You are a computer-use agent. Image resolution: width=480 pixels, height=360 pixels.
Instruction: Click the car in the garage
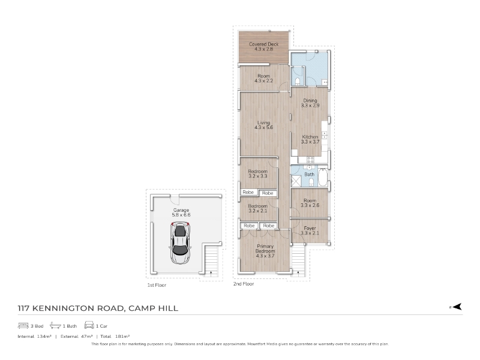180,244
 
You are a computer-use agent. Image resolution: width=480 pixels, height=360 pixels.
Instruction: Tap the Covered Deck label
263,47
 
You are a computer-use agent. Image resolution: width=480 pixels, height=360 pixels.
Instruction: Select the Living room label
263,125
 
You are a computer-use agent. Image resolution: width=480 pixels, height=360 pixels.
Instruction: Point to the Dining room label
310,103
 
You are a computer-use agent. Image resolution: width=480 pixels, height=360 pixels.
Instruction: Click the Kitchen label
310,139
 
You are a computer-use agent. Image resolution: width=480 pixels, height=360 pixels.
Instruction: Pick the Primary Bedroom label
265,251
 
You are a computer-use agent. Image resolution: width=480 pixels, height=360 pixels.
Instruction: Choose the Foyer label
310,230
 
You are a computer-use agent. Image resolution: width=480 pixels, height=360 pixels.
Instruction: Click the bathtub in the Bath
323,177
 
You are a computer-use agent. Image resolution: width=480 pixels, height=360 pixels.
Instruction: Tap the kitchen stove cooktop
310,160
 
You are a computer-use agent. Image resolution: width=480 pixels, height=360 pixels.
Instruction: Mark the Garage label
181,212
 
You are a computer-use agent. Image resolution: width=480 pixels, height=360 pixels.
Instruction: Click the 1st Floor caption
157,286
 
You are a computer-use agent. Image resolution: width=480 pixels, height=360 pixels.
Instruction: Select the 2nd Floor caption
244,284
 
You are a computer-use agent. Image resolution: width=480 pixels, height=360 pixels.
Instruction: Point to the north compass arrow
457,307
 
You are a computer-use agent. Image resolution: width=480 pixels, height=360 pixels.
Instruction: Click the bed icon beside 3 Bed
23,326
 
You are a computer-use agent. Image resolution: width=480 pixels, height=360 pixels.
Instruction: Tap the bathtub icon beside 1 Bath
55,325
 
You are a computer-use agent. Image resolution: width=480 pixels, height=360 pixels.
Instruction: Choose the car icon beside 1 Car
89,325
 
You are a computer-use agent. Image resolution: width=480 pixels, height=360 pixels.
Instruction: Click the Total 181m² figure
115,337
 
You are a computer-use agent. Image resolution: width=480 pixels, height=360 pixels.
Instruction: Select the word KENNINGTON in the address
78,308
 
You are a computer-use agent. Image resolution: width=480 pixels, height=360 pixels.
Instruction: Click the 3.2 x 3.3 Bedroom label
258,173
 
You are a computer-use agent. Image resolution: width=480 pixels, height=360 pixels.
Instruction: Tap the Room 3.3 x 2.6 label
310,203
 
